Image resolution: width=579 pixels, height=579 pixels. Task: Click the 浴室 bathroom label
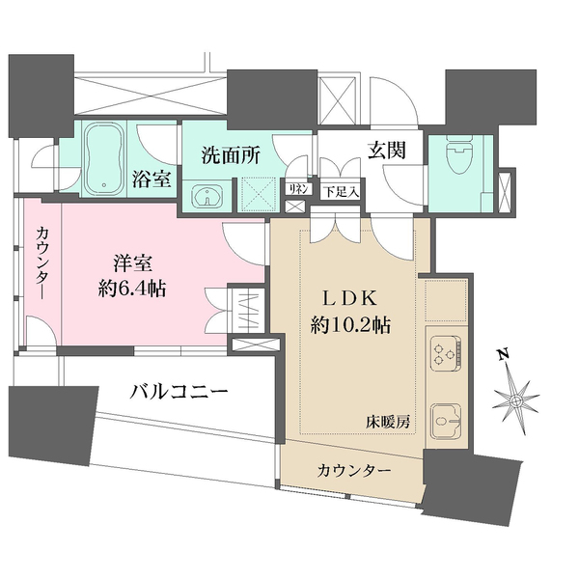click(x=152, y=179)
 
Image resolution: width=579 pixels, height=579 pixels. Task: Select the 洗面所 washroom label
click(x=230, y=155)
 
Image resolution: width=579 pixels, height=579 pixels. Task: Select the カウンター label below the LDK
click(x=354, y=471)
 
